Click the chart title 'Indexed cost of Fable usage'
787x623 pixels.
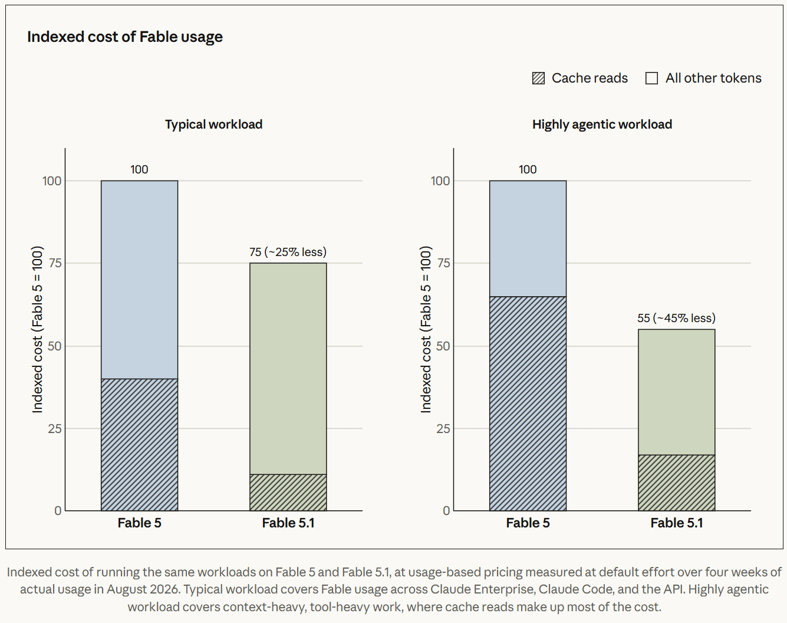point(125,37)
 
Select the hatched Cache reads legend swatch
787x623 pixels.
point(538,78)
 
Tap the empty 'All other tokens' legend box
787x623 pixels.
point(651,78)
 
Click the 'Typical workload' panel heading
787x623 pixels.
point(213,124)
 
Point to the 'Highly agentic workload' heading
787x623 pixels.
point(602,124)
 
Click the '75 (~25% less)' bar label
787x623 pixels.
point(288,252)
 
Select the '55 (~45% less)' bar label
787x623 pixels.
point(676,318)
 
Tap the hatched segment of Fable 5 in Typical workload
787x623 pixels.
point(139,444)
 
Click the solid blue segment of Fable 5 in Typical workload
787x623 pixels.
point(139,280)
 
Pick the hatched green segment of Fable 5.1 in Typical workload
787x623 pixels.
point(288,493)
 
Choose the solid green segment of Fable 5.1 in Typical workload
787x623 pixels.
point(288,369)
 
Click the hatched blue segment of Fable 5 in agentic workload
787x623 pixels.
point(528,404)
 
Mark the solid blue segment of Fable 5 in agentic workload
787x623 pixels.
point(528,239)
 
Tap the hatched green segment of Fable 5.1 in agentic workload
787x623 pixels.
point(676,483)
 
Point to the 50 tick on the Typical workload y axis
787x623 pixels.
point(54,346)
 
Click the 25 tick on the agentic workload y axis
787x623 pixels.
point(443,428)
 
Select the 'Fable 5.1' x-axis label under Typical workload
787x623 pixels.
point(288,523)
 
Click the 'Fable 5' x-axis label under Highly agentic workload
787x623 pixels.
point(528,523)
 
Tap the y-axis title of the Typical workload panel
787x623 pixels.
point(37,329)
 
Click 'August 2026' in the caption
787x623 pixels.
point(143,589)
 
